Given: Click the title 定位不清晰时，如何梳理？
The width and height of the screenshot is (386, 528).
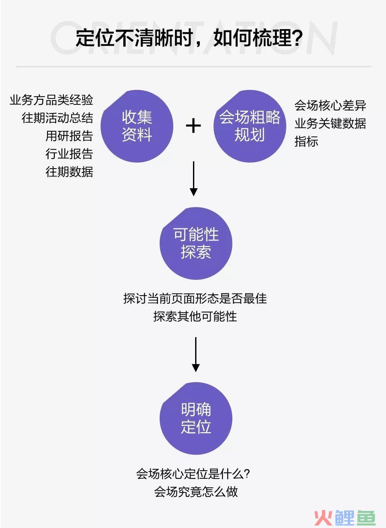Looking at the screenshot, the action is [189, 38].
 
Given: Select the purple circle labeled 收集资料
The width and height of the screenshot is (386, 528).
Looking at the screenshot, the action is [137, 126].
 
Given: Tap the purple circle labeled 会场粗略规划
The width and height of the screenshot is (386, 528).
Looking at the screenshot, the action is [250, 126].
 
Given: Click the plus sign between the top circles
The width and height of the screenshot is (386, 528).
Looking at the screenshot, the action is [193, 126].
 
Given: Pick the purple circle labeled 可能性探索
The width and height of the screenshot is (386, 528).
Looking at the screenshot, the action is [196, 243].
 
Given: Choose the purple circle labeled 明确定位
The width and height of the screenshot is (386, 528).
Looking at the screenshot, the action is [196, 418].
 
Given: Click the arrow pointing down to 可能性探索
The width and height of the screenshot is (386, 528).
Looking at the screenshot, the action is [193, 179].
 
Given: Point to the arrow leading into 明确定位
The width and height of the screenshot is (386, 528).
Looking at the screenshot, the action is [196, 355].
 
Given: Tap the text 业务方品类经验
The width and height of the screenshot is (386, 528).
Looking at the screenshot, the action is [51, 100].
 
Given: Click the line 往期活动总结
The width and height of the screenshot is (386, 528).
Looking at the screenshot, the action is [57, 118].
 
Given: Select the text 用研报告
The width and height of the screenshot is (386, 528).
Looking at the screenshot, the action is [69, 136].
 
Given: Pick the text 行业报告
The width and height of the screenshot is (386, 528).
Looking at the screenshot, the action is [69, 154].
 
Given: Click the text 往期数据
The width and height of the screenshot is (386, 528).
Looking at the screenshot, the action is [69, 172].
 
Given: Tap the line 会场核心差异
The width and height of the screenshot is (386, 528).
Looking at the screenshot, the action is [330, 105].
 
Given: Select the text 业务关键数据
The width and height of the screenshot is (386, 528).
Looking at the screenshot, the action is [330, 124].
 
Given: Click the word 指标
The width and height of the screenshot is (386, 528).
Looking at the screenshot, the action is [306, 142].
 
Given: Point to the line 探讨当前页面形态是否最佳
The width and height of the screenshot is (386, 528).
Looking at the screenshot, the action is [195, 298].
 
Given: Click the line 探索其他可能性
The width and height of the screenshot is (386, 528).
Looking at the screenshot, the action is [195, 316].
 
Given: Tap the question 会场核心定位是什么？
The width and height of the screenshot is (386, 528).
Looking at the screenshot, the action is [193, 474].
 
